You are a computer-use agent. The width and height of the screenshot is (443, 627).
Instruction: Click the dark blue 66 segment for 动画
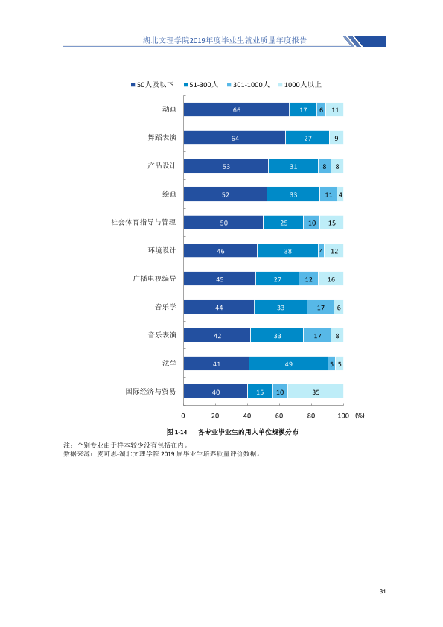coord(236,109)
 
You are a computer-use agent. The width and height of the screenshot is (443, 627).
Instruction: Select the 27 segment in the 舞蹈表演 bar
coord(307,138)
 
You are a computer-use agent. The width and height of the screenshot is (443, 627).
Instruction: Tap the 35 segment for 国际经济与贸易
coord(316,392)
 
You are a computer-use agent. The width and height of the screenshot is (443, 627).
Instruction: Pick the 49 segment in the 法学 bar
coord(288,363)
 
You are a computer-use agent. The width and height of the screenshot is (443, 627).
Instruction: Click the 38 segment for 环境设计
coord(287,251)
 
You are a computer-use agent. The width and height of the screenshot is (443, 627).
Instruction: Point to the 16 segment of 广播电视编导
coord(331,279)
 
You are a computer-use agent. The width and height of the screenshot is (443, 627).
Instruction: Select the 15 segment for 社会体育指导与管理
coord(331,223)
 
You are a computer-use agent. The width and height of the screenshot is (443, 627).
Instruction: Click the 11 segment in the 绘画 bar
coord(328,194)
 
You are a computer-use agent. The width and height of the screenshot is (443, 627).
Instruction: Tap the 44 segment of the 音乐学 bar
coord(219,307)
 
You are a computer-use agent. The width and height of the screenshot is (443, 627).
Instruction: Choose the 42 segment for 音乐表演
coord(217,335)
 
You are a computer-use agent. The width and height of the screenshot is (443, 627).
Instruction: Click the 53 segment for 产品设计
coord(226,166)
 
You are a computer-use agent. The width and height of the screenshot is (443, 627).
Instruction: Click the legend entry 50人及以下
coord(153,85)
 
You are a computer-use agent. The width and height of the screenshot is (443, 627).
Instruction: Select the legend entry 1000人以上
coord(300,85)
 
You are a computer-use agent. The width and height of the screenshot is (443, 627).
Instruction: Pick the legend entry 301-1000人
coord(248,85)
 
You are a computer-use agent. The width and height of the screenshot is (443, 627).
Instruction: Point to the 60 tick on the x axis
coord(279,416)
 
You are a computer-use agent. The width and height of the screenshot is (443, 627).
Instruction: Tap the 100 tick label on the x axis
coord(343,416)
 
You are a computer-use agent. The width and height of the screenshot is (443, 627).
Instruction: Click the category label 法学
coord(169,363)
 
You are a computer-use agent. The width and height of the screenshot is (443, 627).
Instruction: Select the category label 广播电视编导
coord(154,279)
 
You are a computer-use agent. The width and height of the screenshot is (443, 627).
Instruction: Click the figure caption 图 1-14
coord(176,432)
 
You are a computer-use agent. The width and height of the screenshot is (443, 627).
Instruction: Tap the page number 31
coord(383,591)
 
